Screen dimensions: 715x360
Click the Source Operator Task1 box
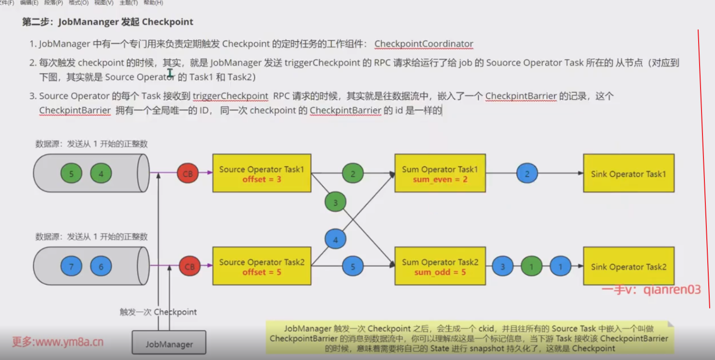(x=262, y=173)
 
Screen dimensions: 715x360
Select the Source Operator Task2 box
(x=262, y=267)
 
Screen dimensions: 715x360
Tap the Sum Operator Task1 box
(x=440, y=173)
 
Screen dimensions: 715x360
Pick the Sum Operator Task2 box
(x=440, y=267)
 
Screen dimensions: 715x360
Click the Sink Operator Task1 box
(x=628, y=173)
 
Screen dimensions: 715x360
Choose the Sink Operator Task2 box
(x=628, y=267)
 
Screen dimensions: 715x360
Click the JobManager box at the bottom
(x=169, y=344)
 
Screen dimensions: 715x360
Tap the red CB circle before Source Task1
(x=188, y=173)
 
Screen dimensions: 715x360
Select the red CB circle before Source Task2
(x=190, y=267)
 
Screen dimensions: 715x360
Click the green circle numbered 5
(x=71, y=173)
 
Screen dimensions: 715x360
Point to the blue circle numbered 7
(x=71, y=267)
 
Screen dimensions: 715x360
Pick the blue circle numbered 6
(x=101, y=267)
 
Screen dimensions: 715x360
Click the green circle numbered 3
(x=335, y=202)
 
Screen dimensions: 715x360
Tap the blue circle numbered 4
(x=335, y=240)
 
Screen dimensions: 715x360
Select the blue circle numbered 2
(x=527, y=173)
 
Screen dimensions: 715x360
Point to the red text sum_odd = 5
(x=440, y=272)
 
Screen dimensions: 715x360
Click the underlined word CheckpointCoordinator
(x=424, y=44)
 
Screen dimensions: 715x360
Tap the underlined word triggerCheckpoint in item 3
(x=230, y=96)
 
